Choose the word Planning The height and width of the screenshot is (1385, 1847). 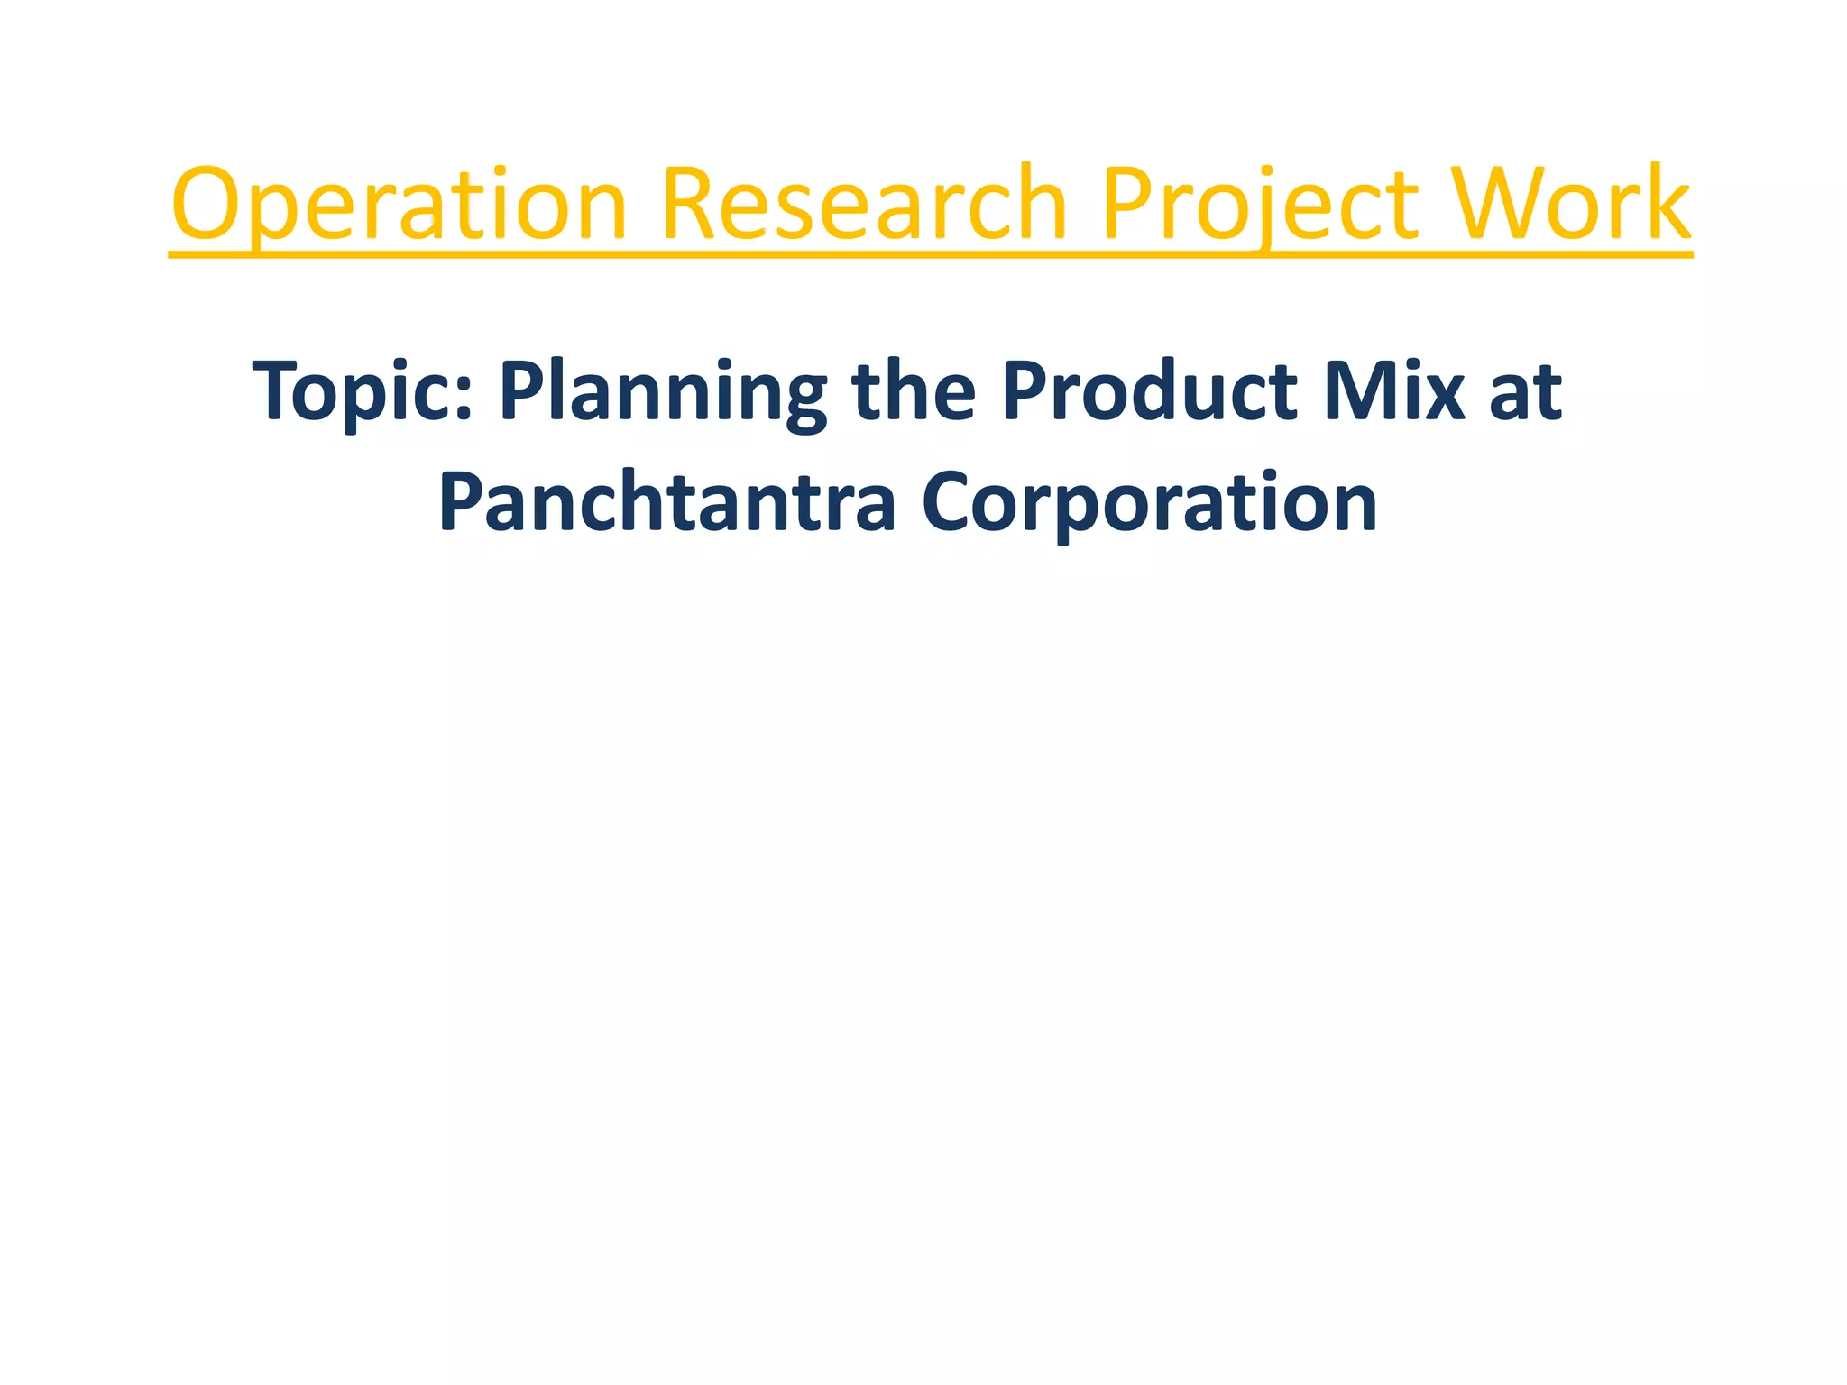pos(663,393)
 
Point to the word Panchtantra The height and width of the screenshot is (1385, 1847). pos(666,503)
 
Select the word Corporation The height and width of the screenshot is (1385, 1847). pos(1149,503)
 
